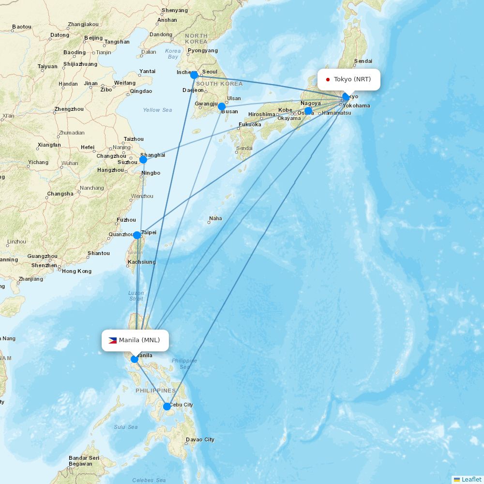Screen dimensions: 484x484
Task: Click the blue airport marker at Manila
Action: [x=135, y=359]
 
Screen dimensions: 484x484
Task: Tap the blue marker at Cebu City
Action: [x=167, y=407]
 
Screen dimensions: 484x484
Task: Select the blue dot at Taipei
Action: [x=137, y=235]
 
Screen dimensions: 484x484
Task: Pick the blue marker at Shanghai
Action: [x=143, y=160]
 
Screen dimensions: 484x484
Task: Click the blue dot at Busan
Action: [x=222, y=106]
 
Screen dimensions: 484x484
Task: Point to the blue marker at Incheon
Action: [x=194, y=75]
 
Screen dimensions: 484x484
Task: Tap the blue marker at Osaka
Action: [x=308, y=111]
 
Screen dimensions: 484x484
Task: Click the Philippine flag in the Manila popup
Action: [x=112, y=340]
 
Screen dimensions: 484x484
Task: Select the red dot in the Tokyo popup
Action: [x=328, y=79]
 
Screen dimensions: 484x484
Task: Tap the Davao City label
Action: [x=200, y=440]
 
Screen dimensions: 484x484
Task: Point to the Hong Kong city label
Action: [x=76, y=271]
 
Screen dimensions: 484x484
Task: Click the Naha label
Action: [x=215, y=218]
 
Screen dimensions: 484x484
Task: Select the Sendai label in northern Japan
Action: [x=363, y=61]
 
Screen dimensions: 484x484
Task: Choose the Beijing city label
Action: [x=93, y=38]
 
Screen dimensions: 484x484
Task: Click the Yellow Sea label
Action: [x=157, y=110]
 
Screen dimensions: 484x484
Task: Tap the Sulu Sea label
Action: [x=126, y=427]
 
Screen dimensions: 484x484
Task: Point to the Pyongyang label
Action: [x=202, y=50]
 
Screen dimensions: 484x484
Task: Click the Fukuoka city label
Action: [x=249, y=124]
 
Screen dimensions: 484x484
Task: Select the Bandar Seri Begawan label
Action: [x=84, y=461]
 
